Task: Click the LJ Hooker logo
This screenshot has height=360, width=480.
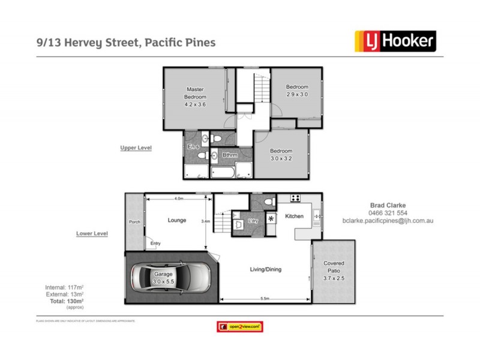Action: [396, 41]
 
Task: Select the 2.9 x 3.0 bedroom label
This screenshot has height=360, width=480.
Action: [296, 91]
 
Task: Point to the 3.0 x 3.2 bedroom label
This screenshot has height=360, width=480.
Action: [280, 154]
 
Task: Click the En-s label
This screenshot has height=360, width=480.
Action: [193, 147]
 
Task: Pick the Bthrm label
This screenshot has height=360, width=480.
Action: [230, 155]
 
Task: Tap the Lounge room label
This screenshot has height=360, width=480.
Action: [177, 221]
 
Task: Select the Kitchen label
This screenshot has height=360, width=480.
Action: [294, 216]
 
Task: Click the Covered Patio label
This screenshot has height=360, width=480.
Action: [334, 271]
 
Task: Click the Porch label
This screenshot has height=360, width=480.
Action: [134, 222]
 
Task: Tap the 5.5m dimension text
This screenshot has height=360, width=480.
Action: [265, 298]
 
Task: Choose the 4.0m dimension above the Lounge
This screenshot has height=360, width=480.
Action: [178, 198]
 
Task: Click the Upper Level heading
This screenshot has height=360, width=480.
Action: [136, 147]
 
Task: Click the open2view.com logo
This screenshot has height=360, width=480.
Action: [240, 326]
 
